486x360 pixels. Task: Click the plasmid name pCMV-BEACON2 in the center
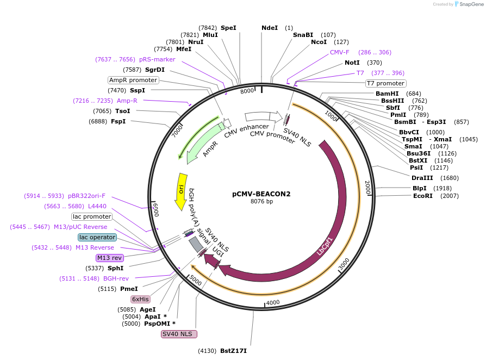(261, 194)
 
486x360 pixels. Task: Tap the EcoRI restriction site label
(422, 196)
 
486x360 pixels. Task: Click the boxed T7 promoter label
(385, 83)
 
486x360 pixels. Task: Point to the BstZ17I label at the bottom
(233, 351)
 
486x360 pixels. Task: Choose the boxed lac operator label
(97, 237)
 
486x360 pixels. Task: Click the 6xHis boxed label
(140, 299)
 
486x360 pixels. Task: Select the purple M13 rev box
(110, 258)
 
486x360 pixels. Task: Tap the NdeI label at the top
(270, 28)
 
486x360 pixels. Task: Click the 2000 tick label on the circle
(367, 188)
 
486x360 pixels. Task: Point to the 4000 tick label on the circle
(272, 302)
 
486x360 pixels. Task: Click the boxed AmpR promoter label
(133, 80)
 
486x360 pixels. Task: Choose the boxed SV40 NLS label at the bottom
(179, 334)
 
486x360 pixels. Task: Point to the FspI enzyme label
(118, 121)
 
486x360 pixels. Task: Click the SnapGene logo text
(470, 4)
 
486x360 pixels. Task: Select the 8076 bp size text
(261, 202)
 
